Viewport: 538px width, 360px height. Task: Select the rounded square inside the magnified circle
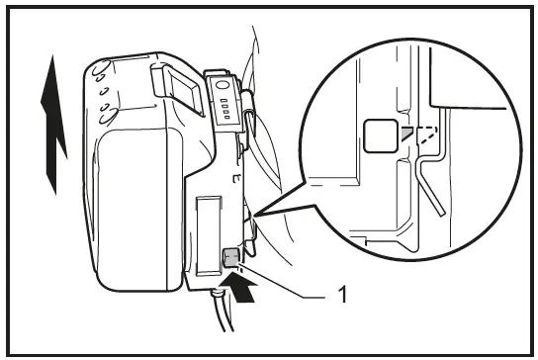tap(378, 135)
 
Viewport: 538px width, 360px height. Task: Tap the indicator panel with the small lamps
tap(224, 104)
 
